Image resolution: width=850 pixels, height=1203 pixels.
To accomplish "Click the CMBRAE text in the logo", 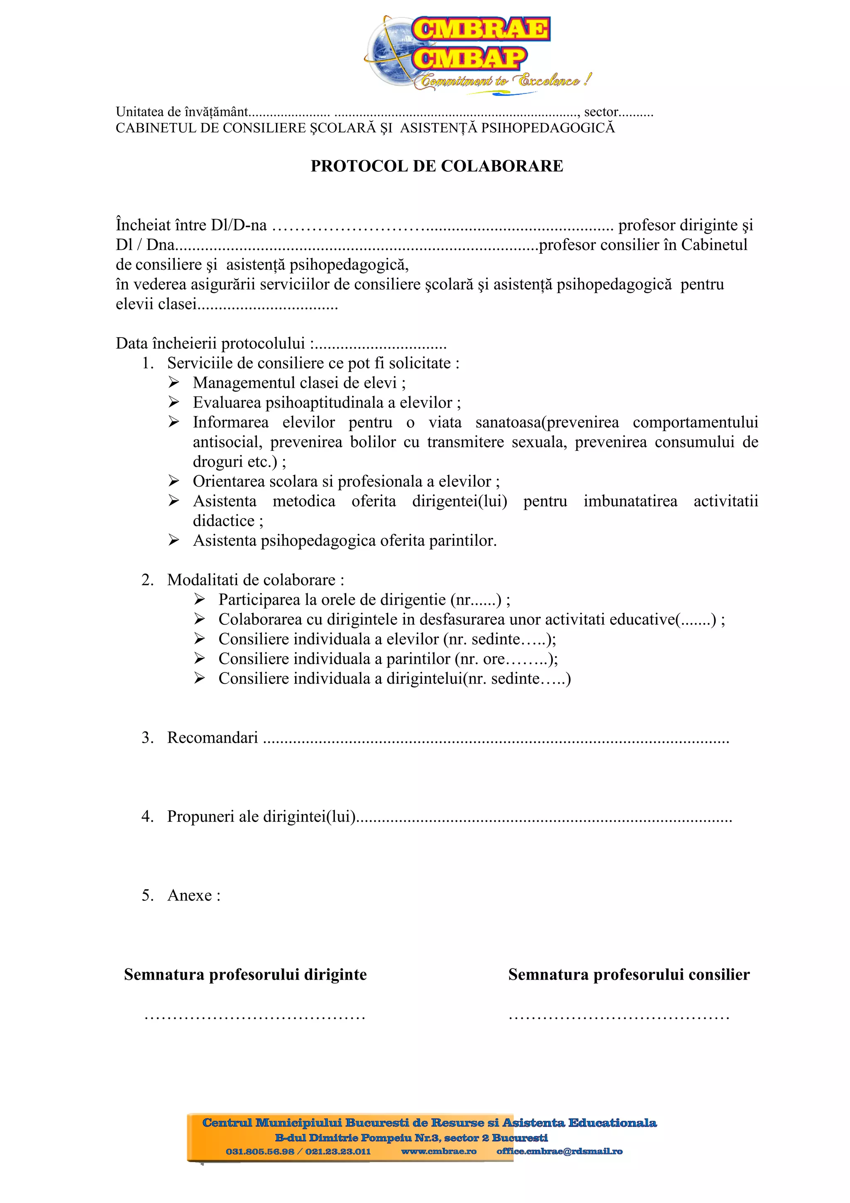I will [x=480, y=29].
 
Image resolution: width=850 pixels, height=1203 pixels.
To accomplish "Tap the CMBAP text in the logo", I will [x=469, y=58].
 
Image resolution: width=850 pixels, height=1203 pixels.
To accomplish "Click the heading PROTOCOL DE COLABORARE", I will [x=437, y=166].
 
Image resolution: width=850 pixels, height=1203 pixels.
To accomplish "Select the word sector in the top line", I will [x=601, y=112].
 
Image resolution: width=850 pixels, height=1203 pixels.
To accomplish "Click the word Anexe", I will [x=190, y=895].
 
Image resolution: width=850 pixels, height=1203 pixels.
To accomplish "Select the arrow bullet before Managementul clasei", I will [x=174, y=382].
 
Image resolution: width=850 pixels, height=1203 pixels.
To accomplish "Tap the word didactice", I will [x=224, y=521].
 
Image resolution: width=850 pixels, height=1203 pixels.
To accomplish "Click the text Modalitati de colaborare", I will [x=255, y=580].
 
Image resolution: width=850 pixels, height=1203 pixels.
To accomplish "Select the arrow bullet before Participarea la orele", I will [x=200, y=599].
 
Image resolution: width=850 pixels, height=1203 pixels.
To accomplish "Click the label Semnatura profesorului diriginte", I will [x=245, y=975].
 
